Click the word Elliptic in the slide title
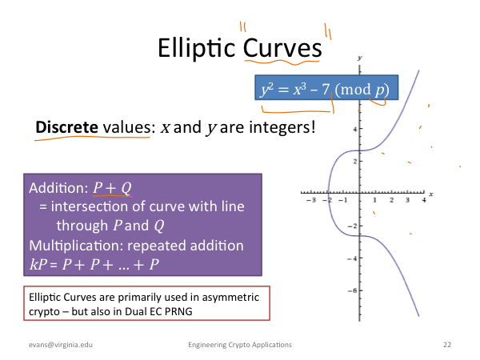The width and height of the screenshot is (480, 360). pyautogui.click(x=196, y=48)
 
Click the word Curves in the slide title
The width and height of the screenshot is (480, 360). pyautogui.click(x=282, y=48)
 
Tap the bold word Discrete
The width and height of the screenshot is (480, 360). pyautogui.click(x=66, y=126)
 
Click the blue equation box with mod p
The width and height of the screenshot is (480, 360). pyautogui.click(x=326, y=87)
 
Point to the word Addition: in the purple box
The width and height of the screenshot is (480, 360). pyautogui.click(x=58, y=188)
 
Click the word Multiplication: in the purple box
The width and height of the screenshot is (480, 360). pyautogui.click(x=76, y=246)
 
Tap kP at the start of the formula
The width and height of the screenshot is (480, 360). pyautogui.click(x=38, y=264)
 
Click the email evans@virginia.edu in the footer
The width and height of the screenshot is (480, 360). pyautogui.click(x=61, y=345)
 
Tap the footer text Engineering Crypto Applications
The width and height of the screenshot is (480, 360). pyautogui.click(x=240, y=345)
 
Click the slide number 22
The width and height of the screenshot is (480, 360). pyautogui.click(x=447, y=345)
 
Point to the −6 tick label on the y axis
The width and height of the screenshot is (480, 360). pyautogui.click(x=352, y=290)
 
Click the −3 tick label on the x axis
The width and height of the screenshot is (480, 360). pyautogui.click(x=311, y=200)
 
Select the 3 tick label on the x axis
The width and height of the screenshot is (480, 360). pyautogui.click(x=407, y=200)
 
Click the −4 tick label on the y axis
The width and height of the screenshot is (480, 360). pyautogui.click(x=352, y=258)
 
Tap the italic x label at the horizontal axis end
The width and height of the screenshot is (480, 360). pyautogui.click(x=431, y=194)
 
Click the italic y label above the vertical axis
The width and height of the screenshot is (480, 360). pyautogui.click(x=360, y=58)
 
